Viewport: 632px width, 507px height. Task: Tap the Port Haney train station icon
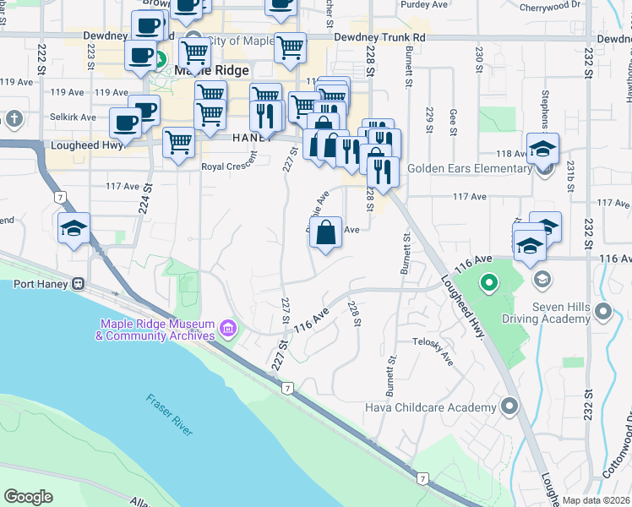click(x=78, y=283)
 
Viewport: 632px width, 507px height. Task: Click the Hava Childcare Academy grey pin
click(x=509, y=408)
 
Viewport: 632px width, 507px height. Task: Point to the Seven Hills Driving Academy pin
click(x=603, y=313)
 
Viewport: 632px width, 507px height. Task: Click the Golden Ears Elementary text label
click(x=469, y=168)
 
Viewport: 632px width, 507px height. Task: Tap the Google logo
click(x=28, y=497)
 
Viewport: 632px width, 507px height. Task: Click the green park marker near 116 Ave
click(x=488, y=282)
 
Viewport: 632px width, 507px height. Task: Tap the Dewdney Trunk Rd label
click(x=379, y=38)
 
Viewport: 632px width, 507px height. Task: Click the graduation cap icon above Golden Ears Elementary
click(x=542, y=148)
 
